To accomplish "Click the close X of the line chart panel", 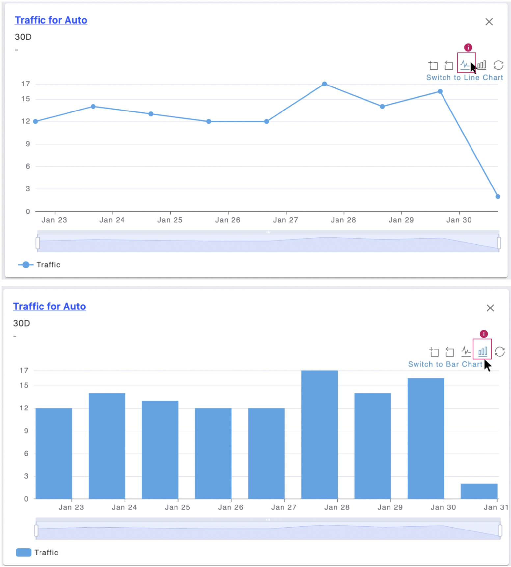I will (x=489, y=22).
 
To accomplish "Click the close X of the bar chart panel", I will (x=490, y=308).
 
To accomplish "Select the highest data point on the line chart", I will (x=324, y=84).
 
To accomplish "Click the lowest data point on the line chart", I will (x=498, y=197).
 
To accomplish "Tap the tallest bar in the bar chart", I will (x=319, y=434).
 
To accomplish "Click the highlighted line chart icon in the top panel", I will (x=465, y=64).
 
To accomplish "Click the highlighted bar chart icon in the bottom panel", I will (x=482, y=352).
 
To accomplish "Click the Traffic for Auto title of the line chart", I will (x=51, y=20).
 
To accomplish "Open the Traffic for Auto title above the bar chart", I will (x=49, y=306).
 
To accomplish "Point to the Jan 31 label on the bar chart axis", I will (x=496, y=507).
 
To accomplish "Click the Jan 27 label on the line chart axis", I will (x=285, y=220).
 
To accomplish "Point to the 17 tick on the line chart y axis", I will (x=26, y=84).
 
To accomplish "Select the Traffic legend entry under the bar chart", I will (x=37, y=552).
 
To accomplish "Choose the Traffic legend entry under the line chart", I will (x=39, y=265).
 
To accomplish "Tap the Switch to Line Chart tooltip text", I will (x=464, y=78).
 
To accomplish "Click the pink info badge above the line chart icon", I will (x=468, y=47).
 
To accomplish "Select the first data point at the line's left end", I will (x=36, y=121).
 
